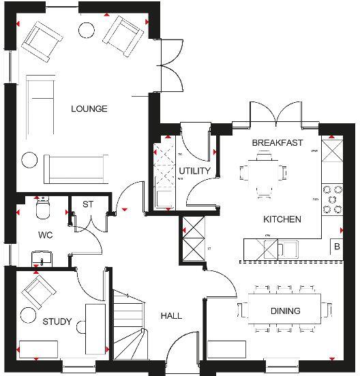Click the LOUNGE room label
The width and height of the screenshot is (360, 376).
89,109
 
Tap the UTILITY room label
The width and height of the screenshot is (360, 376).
194,171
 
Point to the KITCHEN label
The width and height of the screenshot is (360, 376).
282,219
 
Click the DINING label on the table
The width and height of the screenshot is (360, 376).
284,311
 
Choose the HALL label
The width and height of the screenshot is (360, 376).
171,316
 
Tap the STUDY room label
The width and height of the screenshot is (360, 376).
57,322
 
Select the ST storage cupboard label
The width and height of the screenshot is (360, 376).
87,204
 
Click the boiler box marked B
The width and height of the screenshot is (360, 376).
336,247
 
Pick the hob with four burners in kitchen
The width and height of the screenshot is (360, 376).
333,200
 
